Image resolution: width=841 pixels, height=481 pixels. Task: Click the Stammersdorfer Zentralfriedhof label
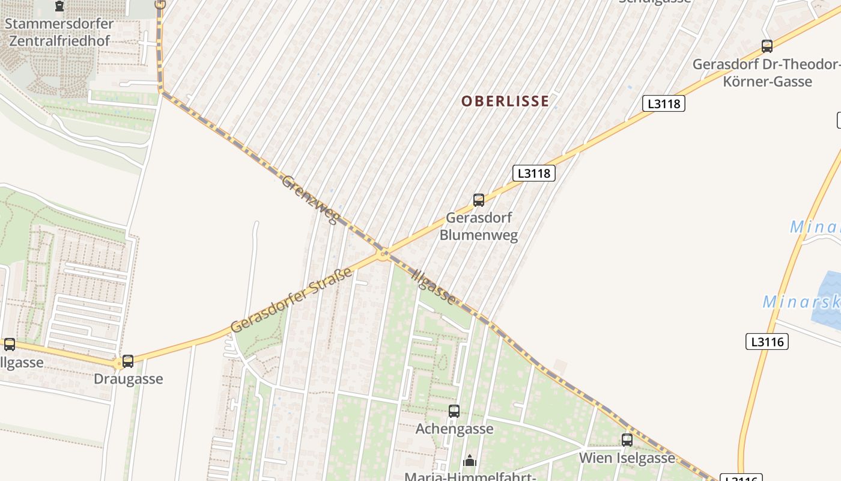(x=59, y=32)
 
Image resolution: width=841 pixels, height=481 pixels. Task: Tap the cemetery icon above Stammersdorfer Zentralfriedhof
(x=59, y=7)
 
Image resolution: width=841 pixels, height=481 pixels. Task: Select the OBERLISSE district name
(x=505, y=101)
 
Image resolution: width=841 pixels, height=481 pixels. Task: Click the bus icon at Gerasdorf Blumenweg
(x=479, y=200)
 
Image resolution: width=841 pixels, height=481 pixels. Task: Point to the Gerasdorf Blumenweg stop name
(x=479, y=226)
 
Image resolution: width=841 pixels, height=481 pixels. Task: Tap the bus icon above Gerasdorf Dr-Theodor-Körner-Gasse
(x=767, y=46)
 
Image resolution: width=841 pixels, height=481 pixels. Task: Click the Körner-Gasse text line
(x=768, y=81)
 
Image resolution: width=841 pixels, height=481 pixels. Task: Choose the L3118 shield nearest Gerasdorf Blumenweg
(x=534, y=173)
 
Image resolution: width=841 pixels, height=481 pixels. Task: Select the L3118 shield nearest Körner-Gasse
(x=664, y=103)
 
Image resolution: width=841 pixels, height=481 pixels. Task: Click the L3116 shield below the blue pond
(x=767, y=342)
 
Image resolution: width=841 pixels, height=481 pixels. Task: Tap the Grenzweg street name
(x=310, y=199)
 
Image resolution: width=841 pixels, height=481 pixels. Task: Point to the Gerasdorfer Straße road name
(x=291, y=301)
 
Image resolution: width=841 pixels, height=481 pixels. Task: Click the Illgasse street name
(x=434, y=285)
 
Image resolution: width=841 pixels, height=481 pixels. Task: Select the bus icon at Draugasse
(x=128, y=361)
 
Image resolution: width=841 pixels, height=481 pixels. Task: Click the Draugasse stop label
(x=128, y=379)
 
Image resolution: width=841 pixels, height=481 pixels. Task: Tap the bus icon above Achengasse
(x=454, y=411)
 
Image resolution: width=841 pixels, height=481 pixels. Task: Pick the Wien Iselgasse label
(x=627, y=458)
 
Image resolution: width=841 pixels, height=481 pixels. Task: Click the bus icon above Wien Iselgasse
(x=627, y=440)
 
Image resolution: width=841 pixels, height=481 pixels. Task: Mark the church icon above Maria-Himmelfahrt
(x=469, y=461)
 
